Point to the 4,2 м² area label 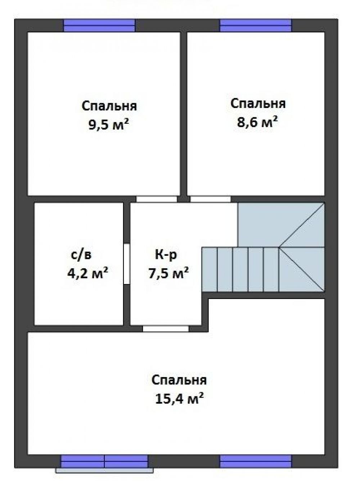click(x=88, y=273)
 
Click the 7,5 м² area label click(x=168, y=273)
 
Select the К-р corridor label click(x=166, y=255)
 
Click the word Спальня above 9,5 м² click(x=109, y=106)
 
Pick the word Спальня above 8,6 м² click(x=258, y=104)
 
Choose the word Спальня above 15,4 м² click(x=179, y=380)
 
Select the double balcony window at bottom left click(x=104, y=461)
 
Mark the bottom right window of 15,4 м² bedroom click(x=255, y=461)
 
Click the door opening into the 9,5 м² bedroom click(x=157, y=199)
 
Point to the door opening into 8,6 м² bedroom click(x=210, y=199)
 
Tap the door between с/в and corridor click(x=127, y=264)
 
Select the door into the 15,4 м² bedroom click(x=166, y=328)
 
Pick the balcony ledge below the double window click(x=104, y=470)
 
